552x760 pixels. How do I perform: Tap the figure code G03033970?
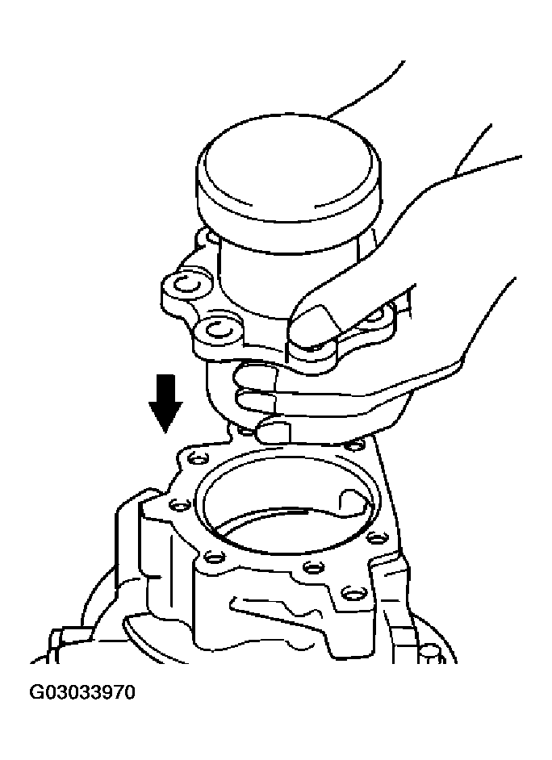(82, 691)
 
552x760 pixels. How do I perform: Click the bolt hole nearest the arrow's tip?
(196, 458)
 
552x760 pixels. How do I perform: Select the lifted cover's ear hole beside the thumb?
(221, 332)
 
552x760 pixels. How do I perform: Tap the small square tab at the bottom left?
(56, 645)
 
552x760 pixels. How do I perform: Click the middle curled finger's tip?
(242, 399)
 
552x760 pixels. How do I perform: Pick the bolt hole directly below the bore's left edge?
(213, 557)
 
